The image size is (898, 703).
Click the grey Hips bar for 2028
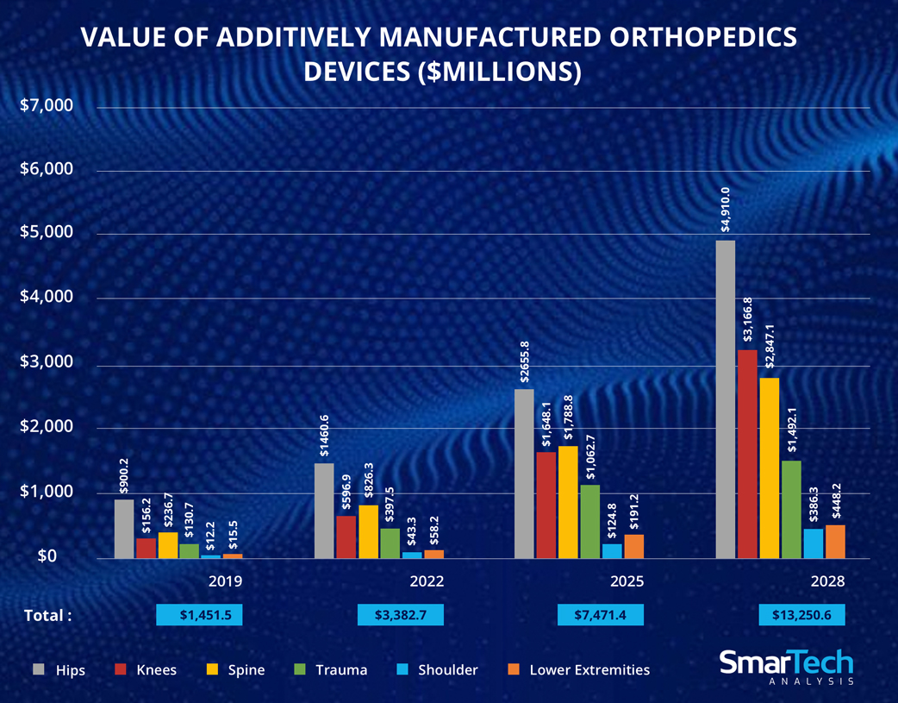tap(726, 399)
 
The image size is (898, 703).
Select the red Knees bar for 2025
tap(546, 505)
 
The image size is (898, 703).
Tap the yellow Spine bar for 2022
tap(368, 531)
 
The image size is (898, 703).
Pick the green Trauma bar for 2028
tap(791, 509)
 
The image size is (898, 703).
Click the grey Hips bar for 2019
tap(124, 529)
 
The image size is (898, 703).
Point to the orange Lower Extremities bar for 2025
tap(633, 546)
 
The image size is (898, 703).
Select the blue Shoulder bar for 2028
tap(813, 543)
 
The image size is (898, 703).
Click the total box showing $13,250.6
tap(801, 614)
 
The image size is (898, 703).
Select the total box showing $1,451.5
tap(199, 614)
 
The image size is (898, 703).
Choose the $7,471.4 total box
tap(601, 614)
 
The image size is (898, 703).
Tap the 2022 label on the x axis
tap(427, 581)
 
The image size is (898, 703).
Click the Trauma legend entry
tap(332, 669)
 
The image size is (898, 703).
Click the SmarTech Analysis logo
tap(786, 667)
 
